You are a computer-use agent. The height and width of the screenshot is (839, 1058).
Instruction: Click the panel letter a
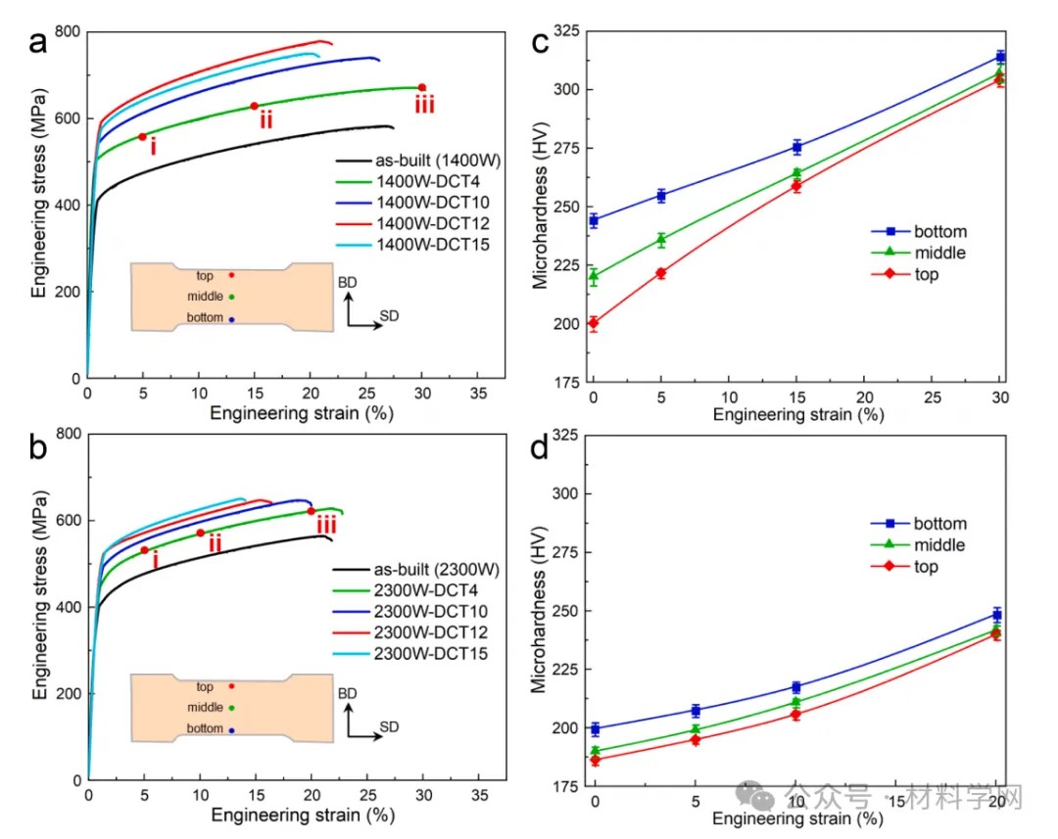pyautogui.click(x=38, y=44)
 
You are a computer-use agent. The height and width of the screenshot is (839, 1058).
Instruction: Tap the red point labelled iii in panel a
pyautogui.click(x=422, y=87)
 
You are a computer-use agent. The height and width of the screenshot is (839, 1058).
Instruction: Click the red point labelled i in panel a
pyautogui.click(x=142, y=136)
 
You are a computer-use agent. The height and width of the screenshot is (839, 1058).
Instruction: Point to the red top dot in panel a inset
pyautogui.click(x=232, y=275)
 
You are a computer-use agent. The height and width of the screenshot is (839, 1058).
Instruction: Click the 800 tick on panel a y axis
pyautogui.click(x=68, y=32)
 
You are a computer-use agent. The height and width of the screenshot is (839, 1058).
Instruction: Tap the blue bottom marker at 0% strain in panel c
pyautogui.click(x=594, y=220)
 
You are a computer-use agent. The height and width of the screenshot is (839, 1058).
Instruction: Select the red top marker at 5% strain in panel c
pyautogui.click(x=661, y=273)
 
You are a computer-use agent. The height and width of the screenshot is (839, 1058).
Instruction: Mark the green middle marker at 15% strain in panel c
pyautogui.click(x=797, y=173)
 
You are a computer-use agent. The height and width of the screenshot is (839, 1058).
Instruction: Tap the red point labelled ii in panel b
pyautogui.click(x=200, y=533)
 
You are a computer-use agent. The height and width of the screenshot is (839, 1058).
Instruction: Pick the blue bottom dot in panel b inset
pyautogui.click(x=232, y=729)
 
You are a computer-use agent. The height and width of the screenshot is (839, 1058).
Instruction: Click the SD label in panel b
pyautogui.click(x=389, y=727)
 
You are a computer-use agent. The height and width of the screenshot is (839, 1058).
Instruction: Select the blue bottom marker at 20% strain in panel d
pyautogui.click(x=997, y=615)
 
